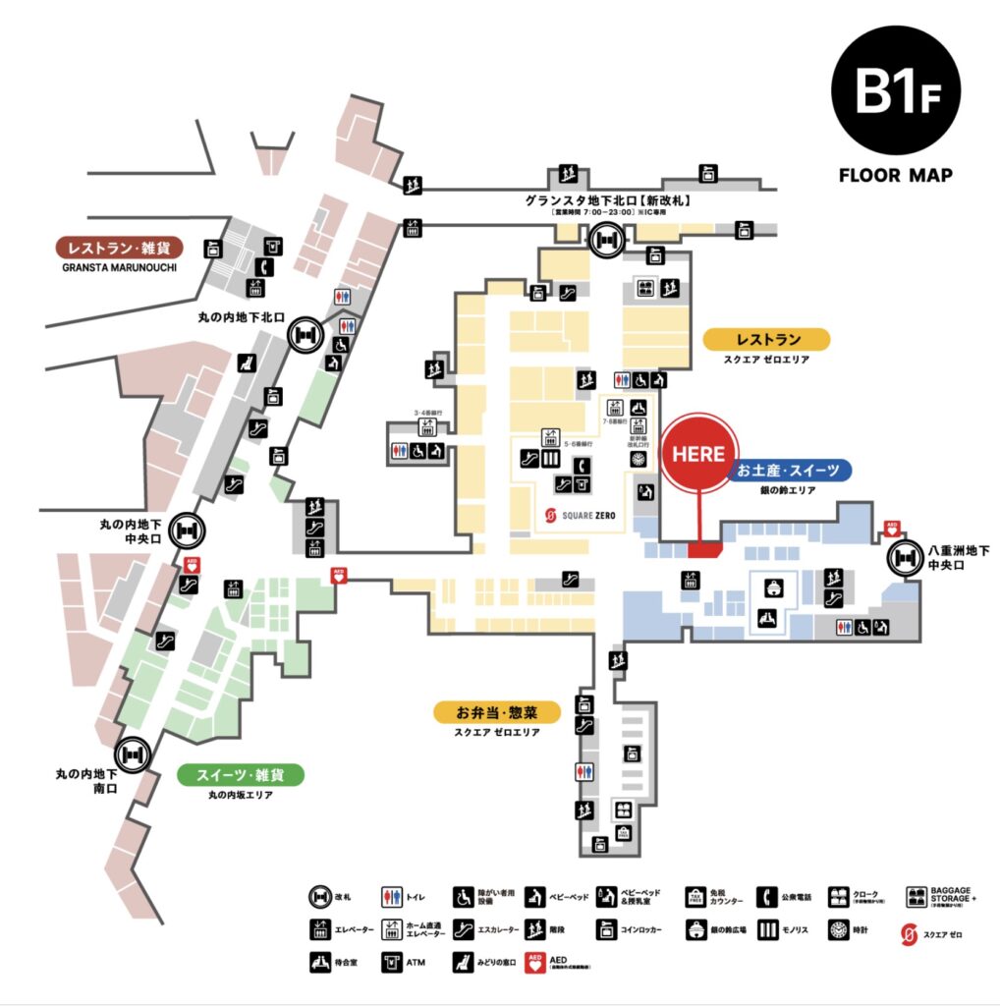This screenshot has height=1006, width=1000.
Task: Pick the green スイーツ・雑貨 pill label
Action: coord(241,775)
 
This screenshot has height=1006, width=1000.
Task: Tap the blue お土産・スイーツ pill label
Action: coord(789,471)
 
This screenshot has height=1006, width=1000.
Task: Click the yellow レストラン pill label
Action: coord(767,340)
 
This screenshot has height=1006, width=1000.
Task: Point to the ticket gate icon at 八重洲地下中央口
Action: coord(904,559)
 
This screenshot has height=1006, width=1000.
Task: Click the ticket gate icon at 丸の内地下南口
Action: coord(132,754)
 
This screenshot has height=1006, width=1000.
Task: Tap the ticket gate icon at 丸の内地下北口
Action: coord(305,336)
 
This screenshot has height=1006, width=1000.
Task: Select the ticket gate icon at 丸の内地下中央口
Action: coord(187,531)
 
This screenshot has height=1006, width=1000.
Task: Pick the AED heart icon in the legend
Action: coord(535,962)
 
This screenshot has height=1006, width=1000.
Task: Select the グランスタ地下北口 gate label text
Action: coord(609,199)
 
